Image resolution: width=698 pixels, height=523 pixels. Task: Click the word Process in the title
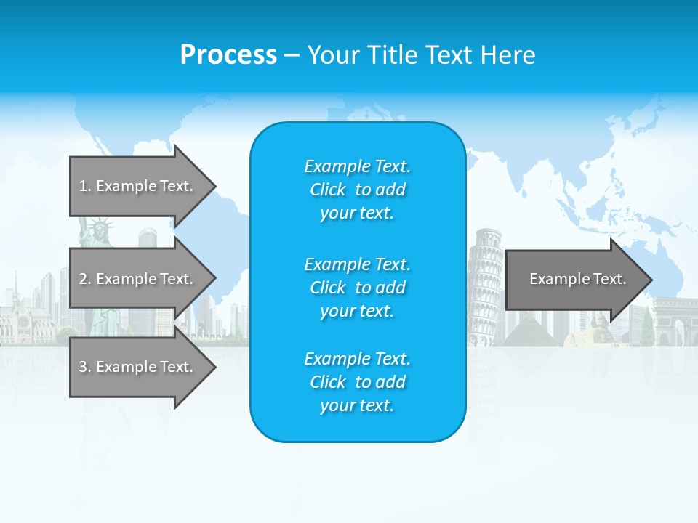pyautogui.click(x=228, y=55)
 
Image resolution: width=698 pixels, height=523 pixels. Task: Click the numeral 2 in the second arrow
pyautogui.click(x=83, y=279)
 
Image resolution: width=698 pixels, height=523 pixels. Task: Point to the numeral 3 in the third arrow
pyautogui.click(x=83, y=367)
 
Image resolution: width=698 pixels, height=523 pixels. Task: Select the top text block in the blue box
pyautogui.click(x=357, y=190)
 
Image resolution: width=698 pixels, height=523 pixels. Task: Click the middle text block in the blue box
pyautogui.click(x=357, y=288)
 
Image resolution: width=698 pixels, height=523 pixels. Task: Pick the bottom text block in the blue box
pyautogui.click(x=357, y=382)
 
